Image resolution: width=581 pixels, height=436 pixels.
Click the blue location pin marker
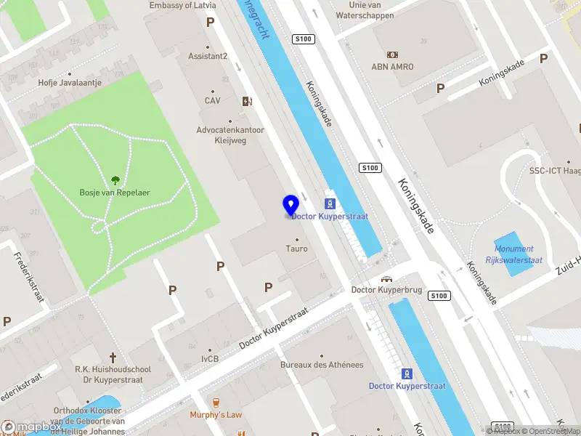click(290, 206)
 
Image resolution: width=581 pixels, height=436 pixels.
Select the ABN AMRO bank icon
click(393, 54)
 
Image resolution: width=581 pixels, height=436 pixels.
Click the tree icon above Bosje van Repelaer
click(115, 180)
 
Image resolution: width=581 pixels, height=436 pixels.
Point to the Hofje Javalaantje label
click(70, 83)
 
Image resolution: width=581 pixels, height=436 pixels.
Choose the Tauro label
click(296, 249)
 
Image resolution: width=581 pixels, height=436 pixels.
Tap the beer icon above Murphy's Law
click(215, 402)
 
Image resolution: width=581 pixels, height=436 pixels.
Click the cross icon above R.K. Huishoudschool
click(113, 357)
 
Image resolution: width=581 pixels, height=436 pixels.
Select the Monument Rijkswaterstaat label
click(510, 254)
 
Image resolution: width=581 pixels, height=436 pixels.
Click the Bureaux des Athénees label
click(322, 365)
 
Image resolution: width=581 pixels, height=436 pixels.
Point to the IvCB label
click(210, 359)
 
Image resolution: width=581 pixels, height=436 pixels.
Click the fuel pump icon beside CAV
click(247, 102)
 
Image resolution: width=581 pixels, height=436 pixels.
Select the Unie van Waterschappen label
click(365, 10)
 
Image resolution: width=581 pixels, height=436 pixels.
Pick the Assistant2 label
click(208, 56)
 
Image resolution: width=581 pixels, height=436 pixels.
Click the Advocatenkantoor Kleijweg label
click(231, 135)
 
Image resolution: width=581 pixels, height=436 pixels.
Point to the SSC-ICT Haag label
click(553, 171)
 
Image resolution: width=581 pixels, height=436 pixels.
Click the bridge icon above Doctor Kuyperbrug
click(387, 279)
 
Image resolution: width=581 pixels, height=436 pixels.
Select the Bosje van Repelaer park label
click(115, 193)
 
